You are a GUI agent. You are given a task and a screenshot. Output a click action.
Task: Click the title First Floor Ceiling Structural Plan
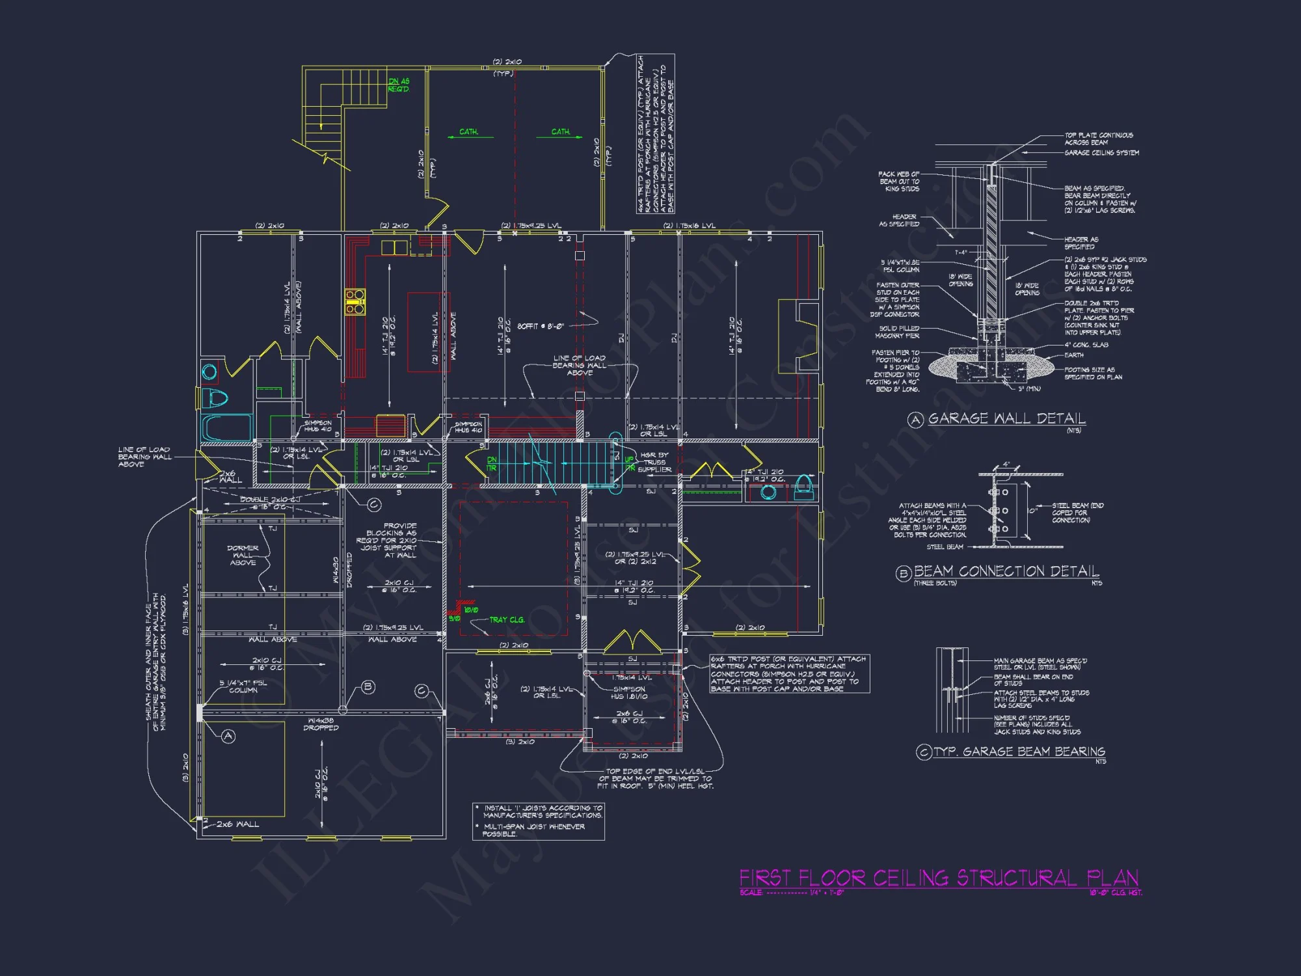point(938,878)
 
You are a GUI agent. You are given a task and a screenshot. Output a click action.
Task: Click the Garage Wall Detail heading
point(1006,418)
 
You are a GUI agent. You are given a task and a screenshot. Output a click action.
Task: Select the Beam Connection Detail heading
point(1006,571)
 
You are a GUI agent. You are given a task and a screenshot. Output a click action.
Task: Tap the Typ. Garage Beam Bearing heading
point(1019,752)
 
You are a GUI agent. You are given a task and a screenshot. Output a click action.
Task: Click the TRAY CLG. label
point(507,619)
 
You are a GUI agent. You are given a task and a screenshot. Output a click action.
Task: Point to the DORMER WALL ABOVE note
point(243,555)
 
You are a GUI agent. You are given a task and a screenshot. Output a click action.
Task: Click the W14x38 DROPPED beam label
point(321,724)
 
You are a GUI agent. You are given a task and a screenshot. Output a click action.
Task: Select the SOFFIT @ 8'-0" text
point(540,326)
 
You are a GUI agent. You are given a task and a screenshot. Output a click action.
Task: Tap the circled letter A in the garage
point(228,736)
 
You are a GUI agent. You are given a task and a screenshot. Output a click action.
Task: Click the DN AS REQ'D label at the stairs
point(399,85)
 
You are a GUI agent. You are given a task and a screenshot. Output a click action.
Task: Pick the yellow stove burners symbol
point(355,303)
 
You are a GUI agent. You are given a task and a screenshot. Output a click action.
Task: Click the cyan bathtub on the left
point(226,427)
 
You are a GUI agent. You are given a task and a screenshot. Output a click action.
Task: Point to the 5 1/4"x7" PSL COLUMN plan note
point(243,686)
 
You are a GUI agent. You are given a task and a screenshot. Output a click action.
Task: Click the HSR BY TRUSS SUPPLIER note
point(654,462)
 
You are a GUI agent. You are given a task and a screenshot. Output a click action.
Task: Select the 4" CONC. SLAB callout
point(1086,345)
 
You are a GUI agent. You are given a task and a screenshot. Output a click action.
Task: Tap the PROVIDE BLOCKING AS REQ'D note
point(391,540)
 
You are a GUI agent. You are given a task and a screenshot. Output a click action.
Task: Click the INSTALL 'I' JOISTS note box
point(539,820)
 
